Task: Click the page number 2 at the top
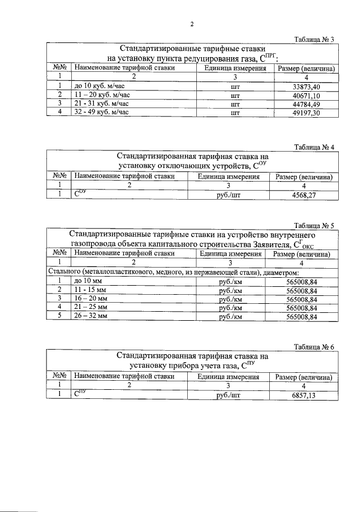click(x=192, y=24)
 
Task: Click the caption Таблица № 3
click(x=315, y=39)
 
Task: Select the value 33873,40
click(x=307, y=87)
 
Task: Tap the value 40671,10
click(x=307, y=96)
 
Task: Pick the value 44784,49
click(x=307, y=104)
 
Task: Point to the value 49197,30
click(x=307, y=113)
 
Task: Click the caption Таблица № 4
click(x=315, y=148)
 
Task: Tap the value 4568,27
click(x=305, y=195)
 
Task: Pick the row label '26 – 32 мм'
click(x=90, y=317)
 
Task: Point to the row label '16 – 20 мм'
click(x=90, y=299)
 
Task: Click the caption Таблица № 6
click(x=315, y=347)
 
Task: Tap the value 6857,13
click(x=305, y=395)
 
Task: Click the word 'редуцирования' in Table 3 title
click(x=202, y=58)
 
